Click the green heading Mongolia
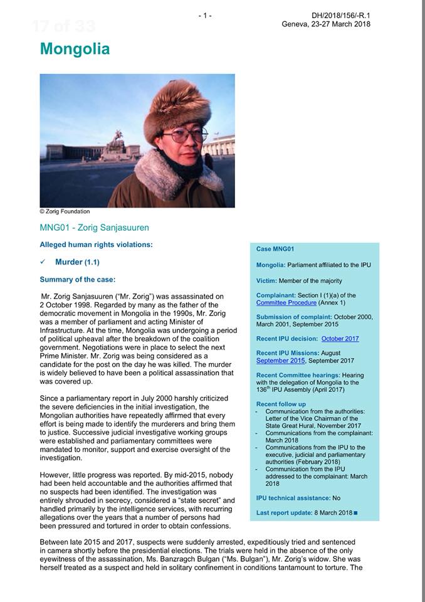pos(75,49)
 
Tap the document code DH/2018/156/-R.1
pos(340,15)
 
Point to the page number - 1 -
pos(204,15)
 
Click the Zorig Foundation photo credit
pos(65,211)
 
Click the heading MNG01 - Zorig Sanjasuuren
pos(94,227)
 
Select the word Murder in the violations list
pos(69,262)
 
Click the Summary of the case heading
pos(78,280)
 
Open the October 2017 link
pos(340,339)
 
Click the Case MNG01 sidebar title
pos(276,249)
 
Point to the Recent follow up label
pos(281,404)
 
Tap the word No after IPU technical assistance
pos(337,498)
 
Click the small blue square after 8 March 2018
pos(355,514)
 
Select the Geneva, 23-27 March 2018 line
pos(326,24)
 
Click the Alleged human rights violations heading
pos(96,244)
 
